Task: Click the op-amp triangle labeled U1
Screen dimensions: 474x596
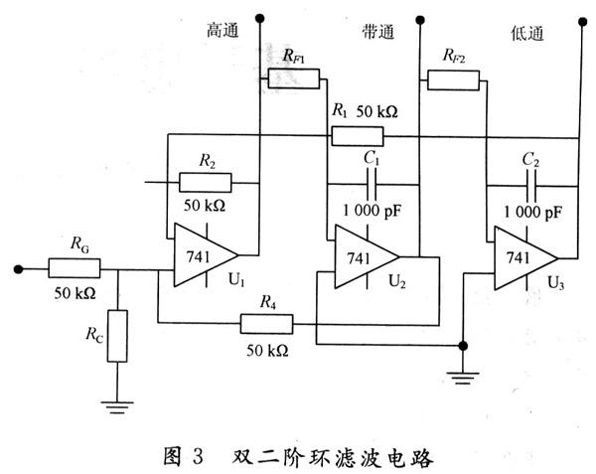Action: pos(204,254)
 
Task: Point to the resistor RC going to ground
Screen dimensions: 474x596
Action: pos(118,335)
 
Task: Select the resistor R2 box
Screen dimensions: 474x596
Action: pos(206,182)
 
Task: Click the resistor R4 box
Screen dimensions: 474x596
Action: pos(266,323)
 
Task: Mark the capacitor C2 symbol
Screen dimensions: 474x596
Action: pos(531,184)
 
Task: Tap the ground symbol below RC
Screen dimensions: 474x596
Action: pos(118,402)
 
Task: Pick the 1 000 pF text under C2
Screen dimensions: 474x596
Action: pos(531,213)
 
